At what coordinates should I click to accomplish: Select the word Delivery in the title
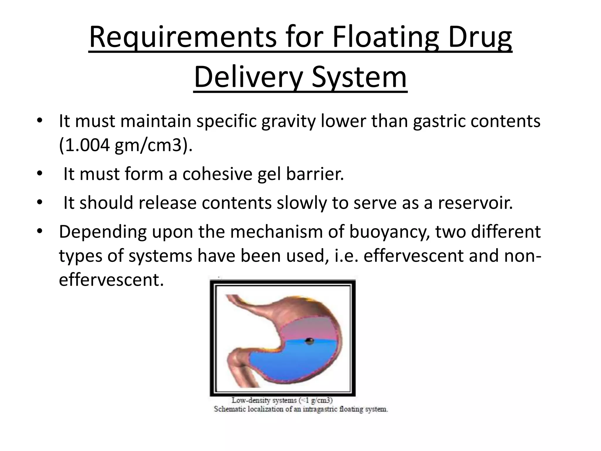[248, 78]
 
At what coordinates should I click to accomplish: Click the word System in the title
[359, 78]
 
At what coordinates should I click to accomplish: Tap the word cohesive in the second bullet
[217, 174]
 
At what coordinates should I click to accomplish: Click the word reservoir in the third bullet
[475, 203]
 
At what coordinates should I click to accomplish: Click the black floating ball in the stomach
[309, 341]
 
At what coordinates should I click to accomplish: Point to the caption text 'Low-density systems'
[264, 400]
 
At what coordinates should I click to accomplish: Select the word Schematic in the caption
[230, 409]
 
